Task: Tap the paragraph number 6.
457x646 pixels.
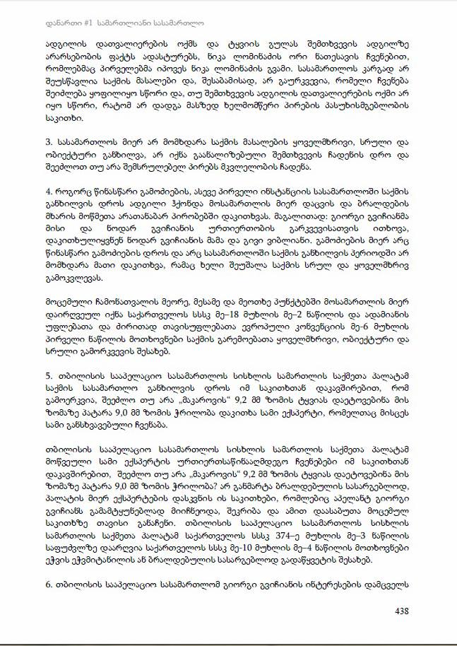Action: tap(49, 587)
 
